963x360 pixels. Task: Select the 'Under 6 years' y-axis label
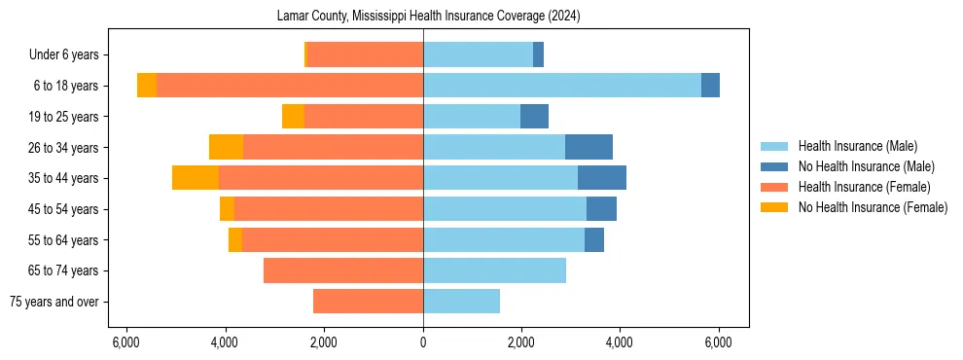coord(69,54)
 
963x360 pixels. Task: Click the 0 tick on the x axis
coord(423,342)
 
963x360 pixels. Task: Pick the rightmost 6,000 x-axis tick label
coord(718,342)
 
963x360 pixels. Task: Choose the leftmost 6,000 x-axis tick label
coord(126,342)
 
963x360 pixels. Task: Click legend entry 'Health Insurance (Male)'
coord(858,146)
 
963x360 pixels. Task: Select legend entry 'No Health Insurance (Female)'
coord(872,207)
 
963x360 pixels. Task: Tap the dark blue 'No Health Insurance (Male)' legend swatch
coord(774,166)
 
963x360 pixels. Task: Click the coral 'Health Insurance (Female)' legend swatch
coord(774,187)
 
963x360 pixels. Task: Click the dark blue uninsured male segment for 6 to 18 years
coord(710,86)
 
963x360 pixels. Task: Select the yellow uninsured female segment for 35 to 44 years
coord(196,178)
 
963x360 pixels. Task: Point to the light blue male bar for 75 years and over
coord(461,302)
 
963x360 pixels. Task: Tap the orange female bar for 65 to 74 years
coord(343,270)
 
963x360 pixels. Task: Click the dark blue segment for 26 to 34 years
coord(588,147)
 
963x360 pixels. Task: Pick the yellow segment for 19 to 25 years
coord(293,117)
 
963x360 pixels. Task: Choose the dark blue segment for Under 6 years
coord(538,54)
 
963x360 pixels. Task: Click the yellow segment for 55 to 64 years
coord(235,239)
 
